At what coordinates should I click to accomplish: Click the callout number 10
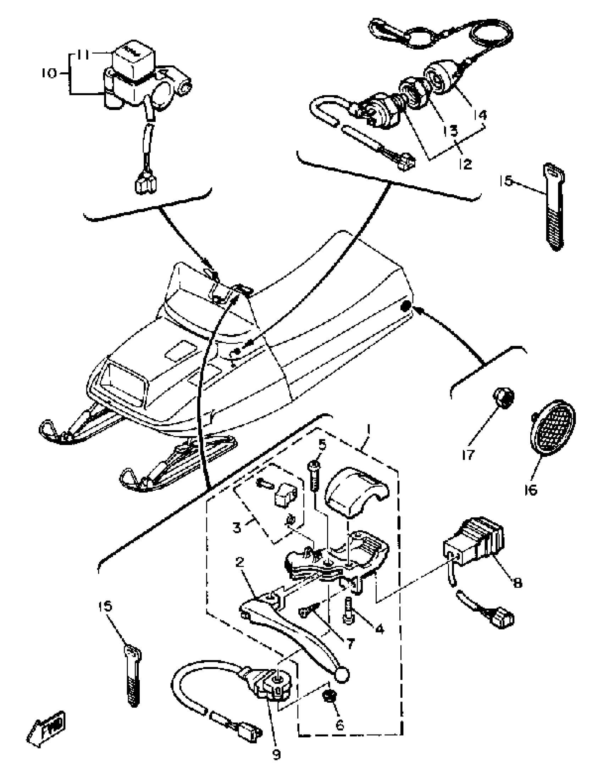tap(49, 74)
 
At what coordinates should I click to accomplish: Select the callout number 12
tap(466, 164)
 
